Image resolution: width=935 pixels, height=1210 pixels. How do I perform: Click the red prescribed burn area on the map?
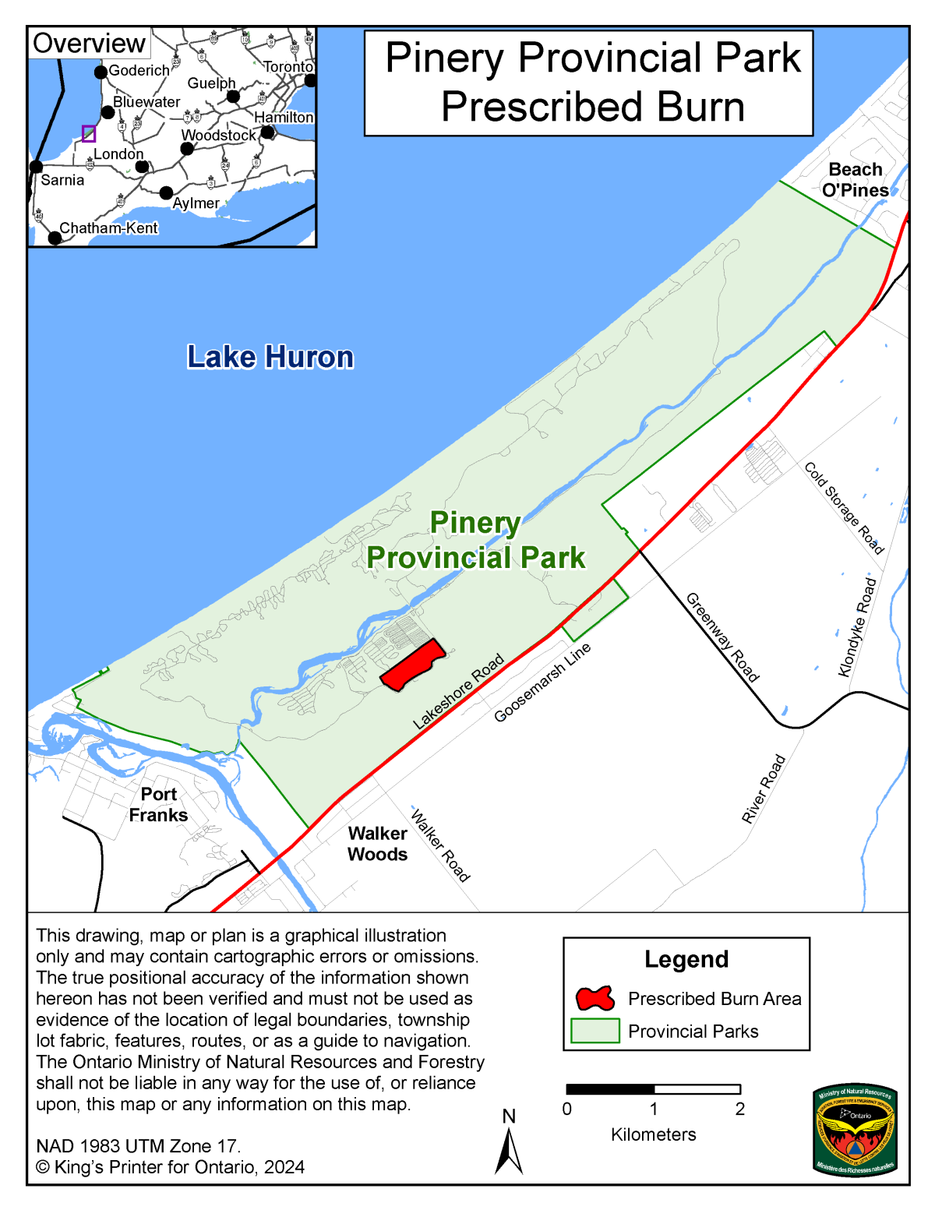(x=412, y=665)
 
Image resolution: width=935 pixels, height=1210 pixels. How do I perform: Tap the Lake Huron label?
(x=270, y=357)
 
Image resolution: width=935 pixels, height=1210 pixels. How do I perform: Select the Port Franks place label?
(x=158, y=805)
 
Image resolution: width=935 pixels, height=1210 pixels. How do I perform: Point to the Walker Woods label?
(x=377, y=844)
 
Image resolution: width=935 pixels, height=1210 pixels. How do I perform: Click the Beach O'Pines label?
(x=855, y=180)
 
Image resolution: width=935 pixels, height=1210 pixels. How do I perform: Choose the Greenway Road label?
(x=722, y=637)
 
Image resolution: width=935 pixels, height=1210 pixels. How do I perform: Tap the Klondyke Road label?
(x=857, y=627)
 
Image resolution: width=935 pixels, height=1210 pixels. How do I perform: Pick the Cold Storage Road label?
(x=844, y=507)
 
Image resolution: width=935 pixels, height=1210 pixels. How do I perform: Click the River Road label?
(x=763, y=788)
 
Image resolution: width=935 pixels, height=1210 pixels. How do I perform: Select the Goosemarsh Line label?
(x=542, y=683)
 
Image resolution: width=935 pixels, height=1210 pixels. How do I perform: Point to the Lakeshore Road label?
(x=458, y=692)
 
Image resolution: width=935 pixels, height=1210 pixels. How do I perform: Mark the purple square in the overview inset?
(x=89, y=133)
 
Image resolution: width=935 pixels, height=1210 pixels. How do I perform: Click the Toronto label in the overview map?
(x=288, y=67)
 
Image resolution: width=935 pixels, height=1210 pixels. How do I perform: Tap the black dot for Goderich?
(x=101, y=72)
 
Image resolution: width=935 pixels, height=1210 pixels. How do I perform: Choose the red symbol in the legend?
(x=595, y=998)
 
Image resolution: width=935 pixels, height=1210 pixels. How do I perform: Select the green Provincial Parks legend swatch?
(x=595, y=1031)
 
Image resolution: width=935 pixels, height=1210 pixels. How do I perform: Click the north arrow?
(x=509, y=1150)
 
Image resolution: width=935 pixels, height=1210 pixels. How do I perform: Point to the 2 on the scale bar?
(x=739, y=1109)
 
